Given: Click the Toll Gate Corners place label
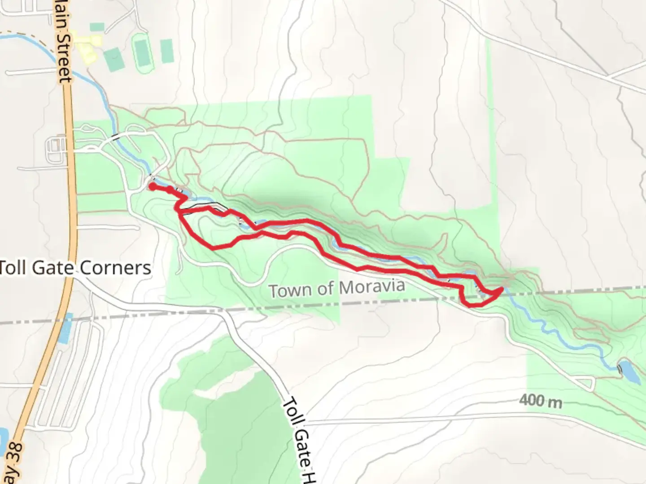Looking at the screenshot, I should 75,268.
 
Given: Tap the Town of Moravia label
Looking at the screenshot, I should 337,288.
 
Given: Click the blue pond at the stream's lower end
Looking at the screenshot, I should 630,371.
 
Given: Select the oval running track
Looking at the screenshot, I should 143,53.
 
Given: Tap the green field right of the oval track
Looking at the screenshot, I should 166,51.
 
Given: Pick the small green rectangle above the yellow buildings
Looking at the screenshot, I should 97,27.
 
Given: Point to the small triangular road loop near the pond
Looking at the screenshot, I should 585,384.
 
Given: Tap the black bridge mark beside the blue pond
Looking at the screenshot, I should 620,369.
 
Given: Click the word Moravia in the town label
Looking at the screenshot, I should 372,286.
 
